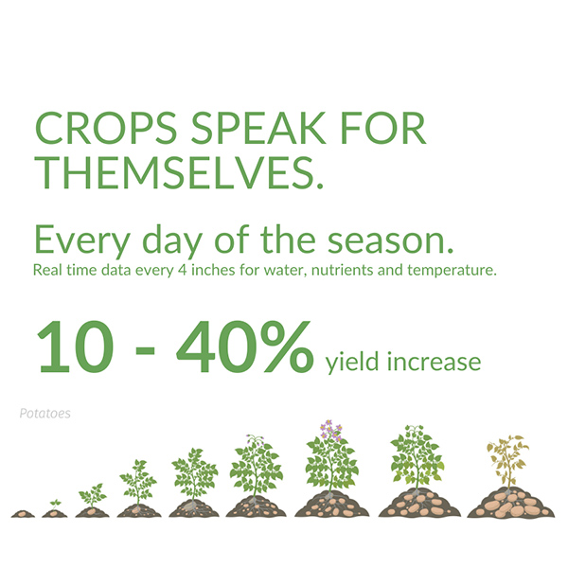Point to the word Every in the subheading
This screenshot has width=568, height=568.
82,240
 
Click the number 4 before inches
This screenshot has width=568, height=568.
183,270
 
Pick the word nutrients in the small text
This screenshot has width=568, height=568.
342,270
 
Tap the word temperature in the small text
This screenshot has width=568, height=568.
450,271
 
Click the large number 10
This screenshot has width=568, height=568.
76,346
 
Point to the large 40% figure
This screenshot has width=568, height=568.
244,346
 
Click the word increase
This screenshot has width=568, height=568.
434,363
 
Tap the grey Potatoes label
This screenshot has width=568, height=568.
44,414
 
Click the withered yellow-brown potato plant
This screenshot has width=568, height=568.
508,461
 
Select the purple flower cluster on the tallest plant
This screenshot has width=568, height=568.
331,430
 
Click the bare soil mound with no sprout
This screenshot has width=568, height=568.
23,513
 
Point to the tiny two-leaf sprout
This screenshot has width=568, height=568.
55,504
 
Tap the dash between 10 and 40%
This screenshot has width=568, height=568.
145,350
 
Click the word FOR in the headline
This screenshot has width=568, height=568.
383,128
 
